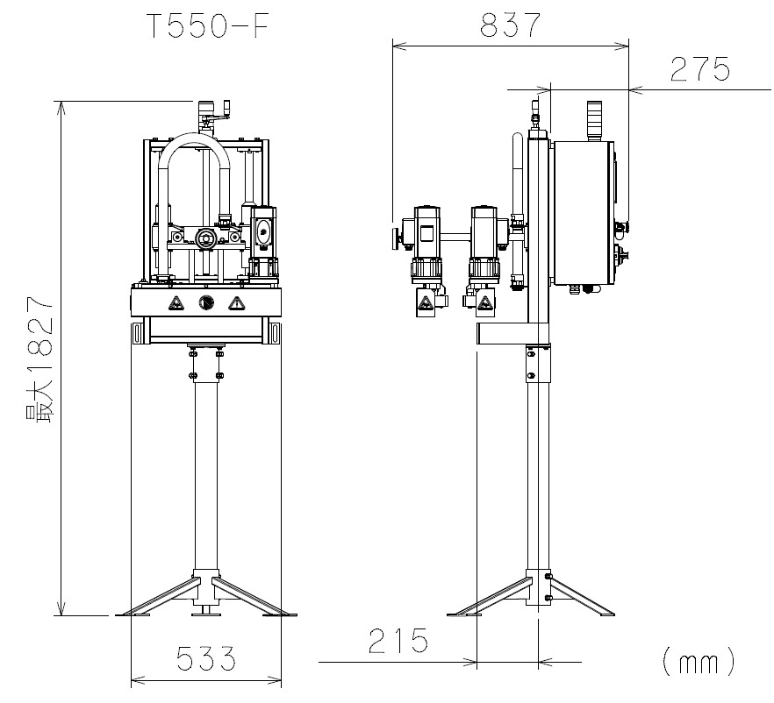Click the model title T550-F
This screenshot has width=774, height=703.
[x=208, y=26]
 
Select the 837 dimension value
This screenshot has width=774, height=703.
[x=511, y=25]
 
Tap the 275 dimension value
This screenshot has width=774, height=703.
[x=700, y=69]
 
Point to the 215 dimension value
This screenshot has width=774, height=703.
[x=398, y=641]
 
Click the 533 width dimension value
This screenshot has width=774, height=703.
[x=206, y=658]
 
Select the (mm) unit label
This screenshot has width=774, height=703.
[x=699, y=662]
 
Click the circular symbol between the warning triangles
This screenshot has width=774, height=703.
[x=206, y=302]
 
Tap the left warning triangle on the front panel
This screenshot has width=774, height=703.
[x=176, y=303]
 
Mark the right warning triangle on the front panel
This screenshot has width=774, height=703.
[x=237, y=303]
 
